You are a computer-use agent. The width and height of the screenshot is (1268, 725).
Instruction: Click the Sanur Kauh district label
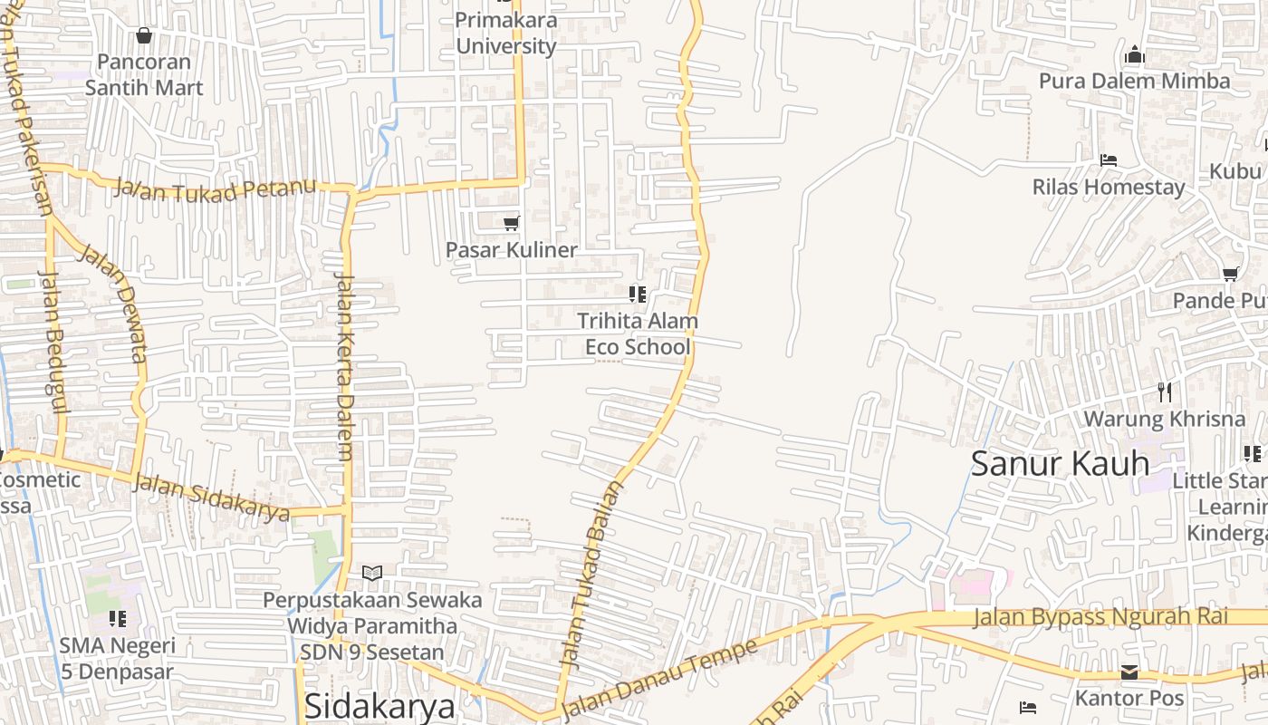pyautogui.click(x=1060, y=463)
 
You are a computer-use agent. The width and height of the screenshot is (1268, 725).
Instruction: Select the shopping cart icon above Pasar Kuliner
pyautogui.click(x=511, y=223)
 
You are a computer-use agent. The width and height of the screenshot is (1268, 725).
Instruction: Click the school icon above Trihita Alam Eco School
pyautogui.click(x=637, y=294)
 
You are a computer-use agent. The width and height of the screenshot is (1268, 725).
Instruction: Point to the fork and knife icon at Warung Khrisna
pyautogui.click(x=1165, y=392)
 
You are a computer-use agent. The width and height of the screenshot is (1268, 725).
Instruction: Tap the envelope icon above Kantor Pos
pyautogui.click(x=1129, y=672)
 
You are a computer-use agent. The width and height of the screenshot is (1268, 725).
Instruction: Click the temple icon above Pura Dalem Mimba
pyautogui.click(x=1135, y=55)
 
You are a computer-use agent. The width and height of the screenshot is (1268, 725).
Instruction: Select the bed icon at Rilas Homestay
pyautogui.click(x=1109, y=160)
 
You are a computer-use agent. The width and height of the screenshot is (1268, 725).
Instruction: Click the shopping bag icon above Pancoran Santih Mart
pyautogui.click(x=143, y=36)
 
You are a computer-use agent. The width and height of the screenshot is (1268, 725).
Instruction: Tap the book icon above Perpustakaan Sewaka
pyautogui.click(x=372, y=573)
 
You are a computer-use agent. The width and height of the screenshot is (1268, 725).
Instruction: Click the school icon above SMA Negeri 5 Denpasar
pyautogui.click(x=117, y=619)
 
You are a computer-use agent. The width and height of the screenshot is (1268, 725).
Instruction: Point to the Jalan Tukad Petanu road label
pyautogui.click(x=216, y=190)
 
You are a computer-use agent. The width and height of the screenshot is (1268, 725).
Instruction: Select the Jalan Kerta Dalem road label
pyautogui.click(x=344, y=367)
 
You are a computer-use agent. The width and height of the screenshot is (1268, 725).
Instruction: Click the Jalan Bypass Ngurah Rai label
pyautogui.click(x=1100, y=617)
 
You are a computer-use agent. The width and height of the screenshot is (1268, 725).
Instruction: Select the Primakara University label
pyautogui.click(x=505, y=33)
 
